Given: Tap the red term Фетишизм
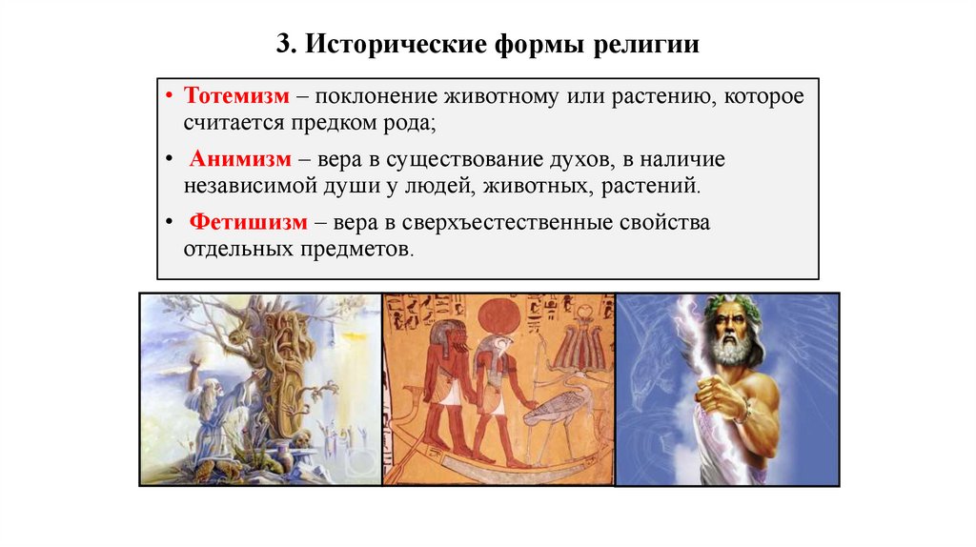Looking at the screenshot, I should pyautogui.click(x=248, y=223).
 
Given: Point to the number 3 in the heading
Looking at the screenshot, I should pyautogui.click(x=283, y=45).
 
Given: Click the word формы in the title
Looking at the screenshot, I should pyautogui.click(x=538, y=45).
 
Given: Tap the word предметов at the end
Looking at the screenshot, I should pyautogui.click(x=366, y=250).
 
